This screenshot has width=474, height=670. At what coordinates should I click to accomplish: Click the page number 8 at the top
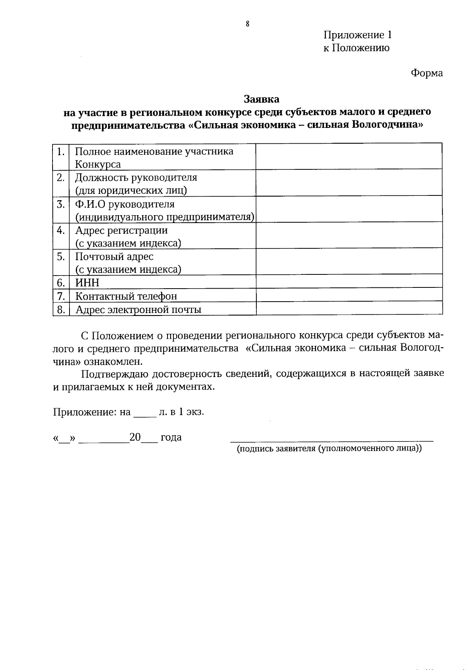(x=248, y=24)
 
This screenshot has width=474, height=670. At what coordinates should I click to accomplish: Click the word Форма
(x=427, y=73)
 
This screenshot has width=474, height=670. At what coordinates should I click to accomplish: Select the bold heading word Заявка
(x=261, y=99)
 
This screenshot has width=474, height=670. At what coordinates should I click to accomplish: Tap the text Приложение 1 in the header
(x=357, y=35)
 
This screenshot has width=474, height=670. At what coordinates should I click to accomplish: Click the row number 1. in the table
(x=61, y=152)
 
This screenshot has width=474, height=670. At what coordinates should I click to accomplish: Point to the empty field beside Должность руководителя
(x=349, y=183)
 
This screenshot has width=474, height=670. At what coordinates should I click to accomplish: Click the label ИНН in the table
(x=87, y=283)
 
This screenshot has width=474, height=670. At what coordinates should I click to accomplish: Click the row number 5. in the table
(x=61, y=257)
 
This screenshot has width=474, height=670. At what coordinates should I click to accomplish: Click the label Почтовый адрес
(x=114, y=257)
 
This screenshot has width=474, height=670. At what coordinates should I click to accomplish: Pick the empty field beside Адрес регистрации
(x=349, y=236)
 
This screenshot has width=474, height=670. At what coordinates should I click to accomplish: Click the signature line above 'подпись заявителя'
(x=332, y=439)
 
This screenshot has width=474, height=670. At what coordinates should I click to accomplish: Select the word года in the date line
(x=171, y=437)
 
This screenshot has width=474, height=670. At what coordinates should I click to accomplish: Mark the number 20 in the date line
(x=135, y=437)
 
